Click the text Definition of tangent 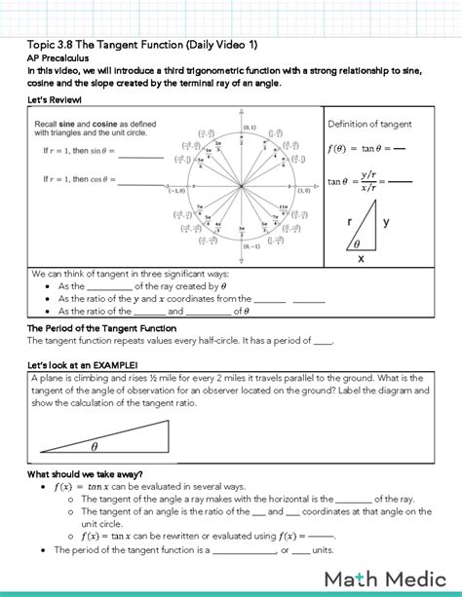click(x=369, y=124)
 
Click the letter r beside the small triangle click(x=349, y=222)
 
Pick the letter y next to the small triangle click(x=385, y=222)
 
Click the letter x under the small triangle click(x=360, y=259)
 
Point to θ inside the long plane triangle click(x=95, y=447)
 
